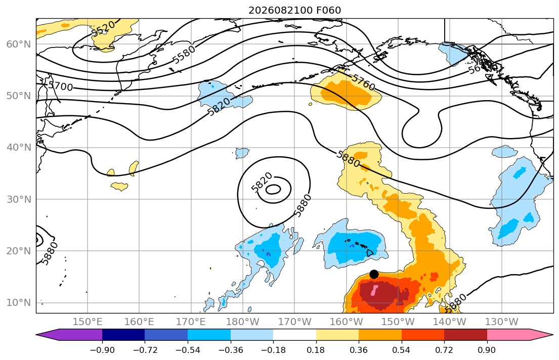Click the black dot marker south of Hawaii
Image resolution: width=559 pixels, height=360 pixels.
coord(374,274)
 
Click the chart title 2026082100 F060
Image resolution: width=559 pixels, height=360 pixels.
coord(294,10)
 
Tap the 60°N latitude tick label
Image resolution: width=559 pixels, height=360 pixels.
coord(19,44)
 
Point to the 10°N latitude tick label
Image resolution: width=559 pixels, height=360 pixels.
coord(19,303)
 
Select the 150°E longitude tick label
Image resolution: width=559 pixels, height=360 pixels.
coord(88,322)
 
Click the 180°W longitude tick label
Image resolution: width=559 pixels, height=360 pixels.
coord(243,322)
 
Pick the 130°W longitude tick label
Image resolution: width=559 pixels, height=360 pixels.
coord(502,322)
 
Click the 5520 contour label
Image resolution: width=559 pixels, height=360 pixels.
coord(103,28)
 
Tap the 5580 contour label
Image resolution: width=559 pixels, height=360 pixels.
coord(184,54)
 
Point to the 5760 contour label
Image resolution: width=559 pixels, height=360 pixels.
coord(363,82)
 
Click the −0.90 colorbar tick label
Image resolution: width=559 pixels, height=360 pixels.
coord(102,350)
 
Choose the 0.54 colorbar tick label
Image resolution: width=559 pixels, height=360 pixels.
coord(402,350)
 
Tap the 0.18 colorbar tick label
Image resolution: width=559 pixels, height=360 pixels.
coord(316,350)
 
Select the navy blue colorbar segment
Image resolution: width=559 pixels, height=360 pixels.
coord(123,335)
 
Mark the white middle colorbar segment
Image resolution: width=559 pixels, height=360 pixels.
coord(294,335)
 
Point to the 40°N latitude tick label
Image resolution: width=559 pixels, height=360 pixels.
coord(19,148)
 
